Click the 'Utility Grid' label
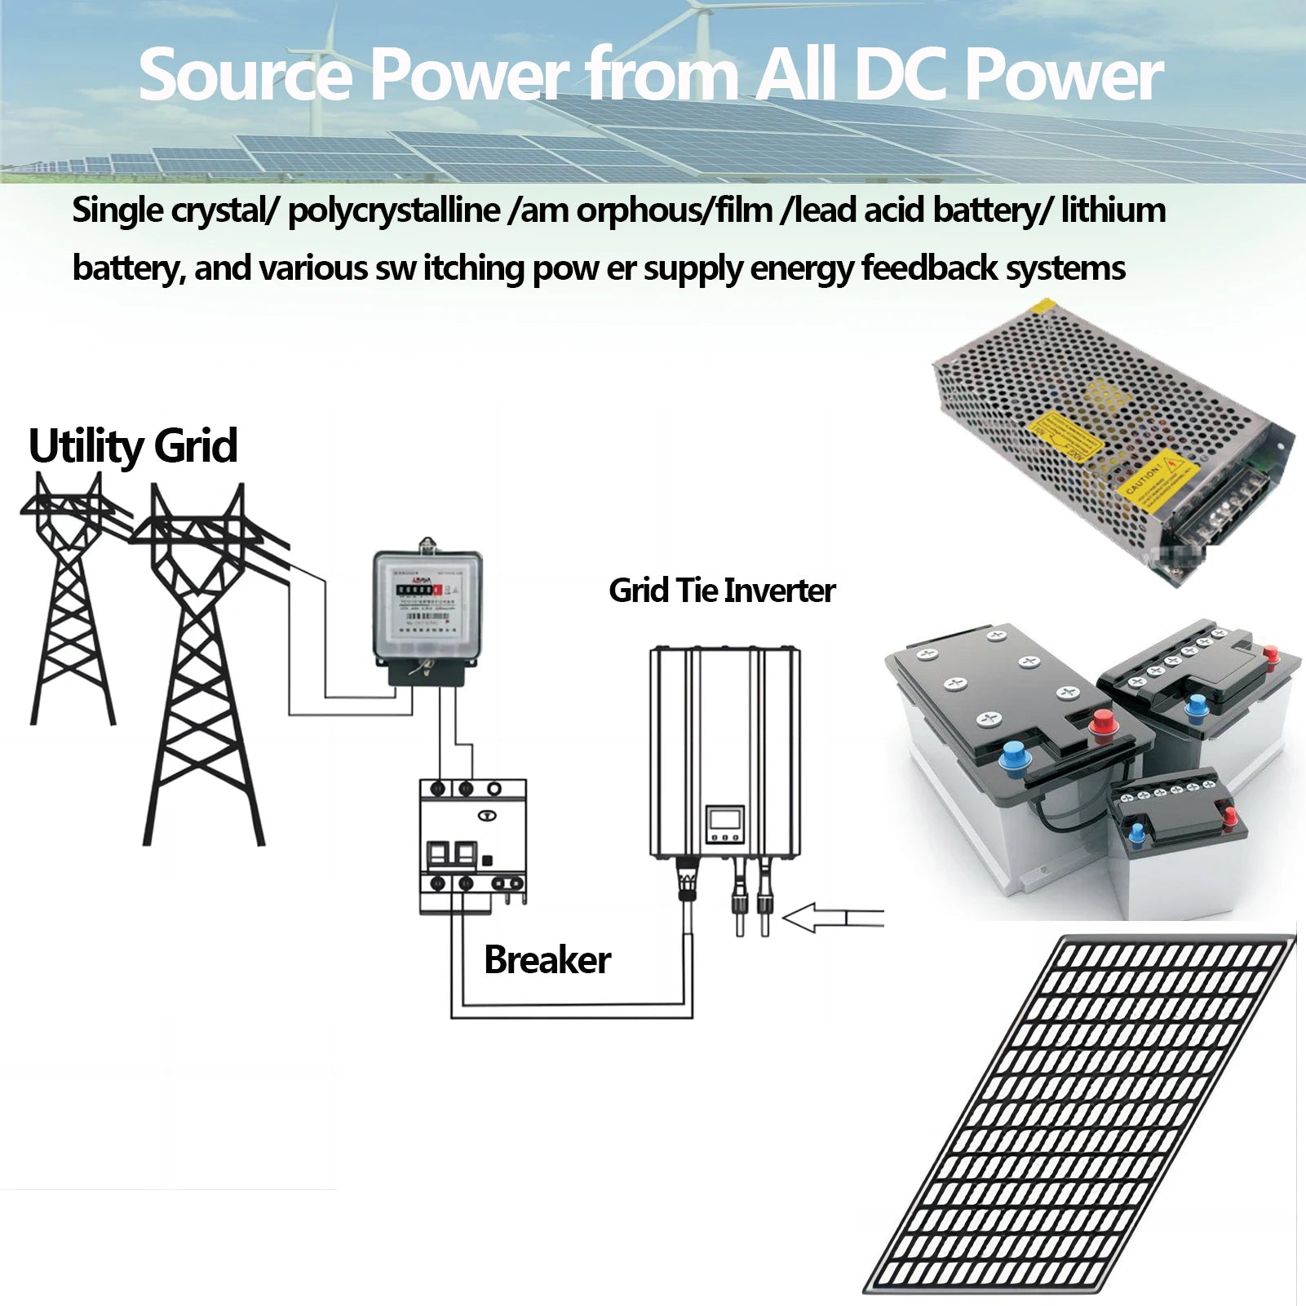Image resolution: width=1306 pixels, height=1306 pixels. [133, 446]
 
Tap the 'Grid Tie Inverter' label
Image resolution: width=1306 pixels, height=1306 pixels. [722, 591]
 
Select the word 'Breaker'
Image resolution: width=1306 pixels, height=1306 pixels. [547, 960]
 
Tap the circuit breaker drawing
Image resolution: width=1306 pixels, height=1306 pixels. [472, 844]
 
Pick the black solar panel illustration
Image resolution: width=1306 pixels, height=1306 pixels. [1081, 1113]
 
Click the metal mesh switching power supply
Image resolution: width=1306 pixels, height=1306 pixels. [1113, 440]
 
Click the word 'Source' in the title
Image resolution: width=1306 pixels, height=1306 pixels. [246, 75]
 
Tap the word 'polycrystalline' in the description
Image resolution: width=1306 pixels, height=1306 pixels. [394, 210]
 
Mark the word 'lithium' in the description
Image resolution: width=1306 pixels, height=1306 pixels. [1113, 210]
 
